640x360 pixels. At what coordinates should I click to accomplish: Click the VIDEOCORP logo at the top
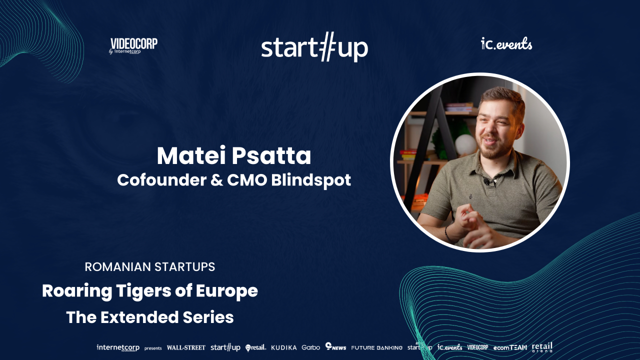tap(133, 46)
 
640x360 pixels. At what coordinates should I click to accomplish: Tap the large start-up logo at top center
tap(314, 47)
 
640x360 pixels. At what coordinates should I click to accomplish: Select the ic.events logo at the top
tap(506, 44)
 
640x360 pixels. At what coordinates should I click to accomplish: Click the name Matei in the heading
tap(191, 155)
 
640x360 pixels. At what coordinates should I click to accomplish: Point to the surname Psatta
tap(271, 155)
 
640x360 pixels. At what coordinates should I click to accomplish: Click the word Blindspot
tap(311, 180)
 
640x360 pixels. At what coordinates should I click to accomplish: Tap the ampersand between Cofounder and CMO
tap(216, 180)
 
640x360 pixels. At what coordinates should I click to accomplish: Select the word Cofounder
tap(161, 180)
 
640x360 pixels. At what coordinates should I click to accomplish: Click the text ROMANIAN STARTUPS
tap(149, 267)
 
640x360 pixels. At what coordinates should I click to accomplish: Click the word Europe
tap(227, 291)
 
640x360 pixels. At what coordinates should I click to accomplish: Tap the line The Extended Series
tap(149, 317)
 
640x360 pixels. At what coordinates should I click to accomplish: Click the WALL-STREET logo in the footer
tap(186, 347)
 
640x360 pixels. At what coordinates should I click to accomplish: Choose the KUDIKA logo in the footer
tap(283, 347)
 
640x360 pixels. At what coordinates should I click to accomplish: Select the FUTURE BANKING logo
tap(376, 347)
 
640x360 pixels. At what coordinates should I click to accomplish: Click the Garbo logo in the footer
tap(311, 347)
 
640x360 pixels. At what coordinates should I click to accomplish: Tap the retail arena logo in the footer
tap(542, 347)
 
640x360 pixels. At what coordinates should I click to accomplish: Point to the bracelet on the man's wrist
tap(447, 233)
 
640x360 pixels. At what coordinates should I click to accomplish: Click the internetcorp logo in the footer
tap(118, 347)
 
